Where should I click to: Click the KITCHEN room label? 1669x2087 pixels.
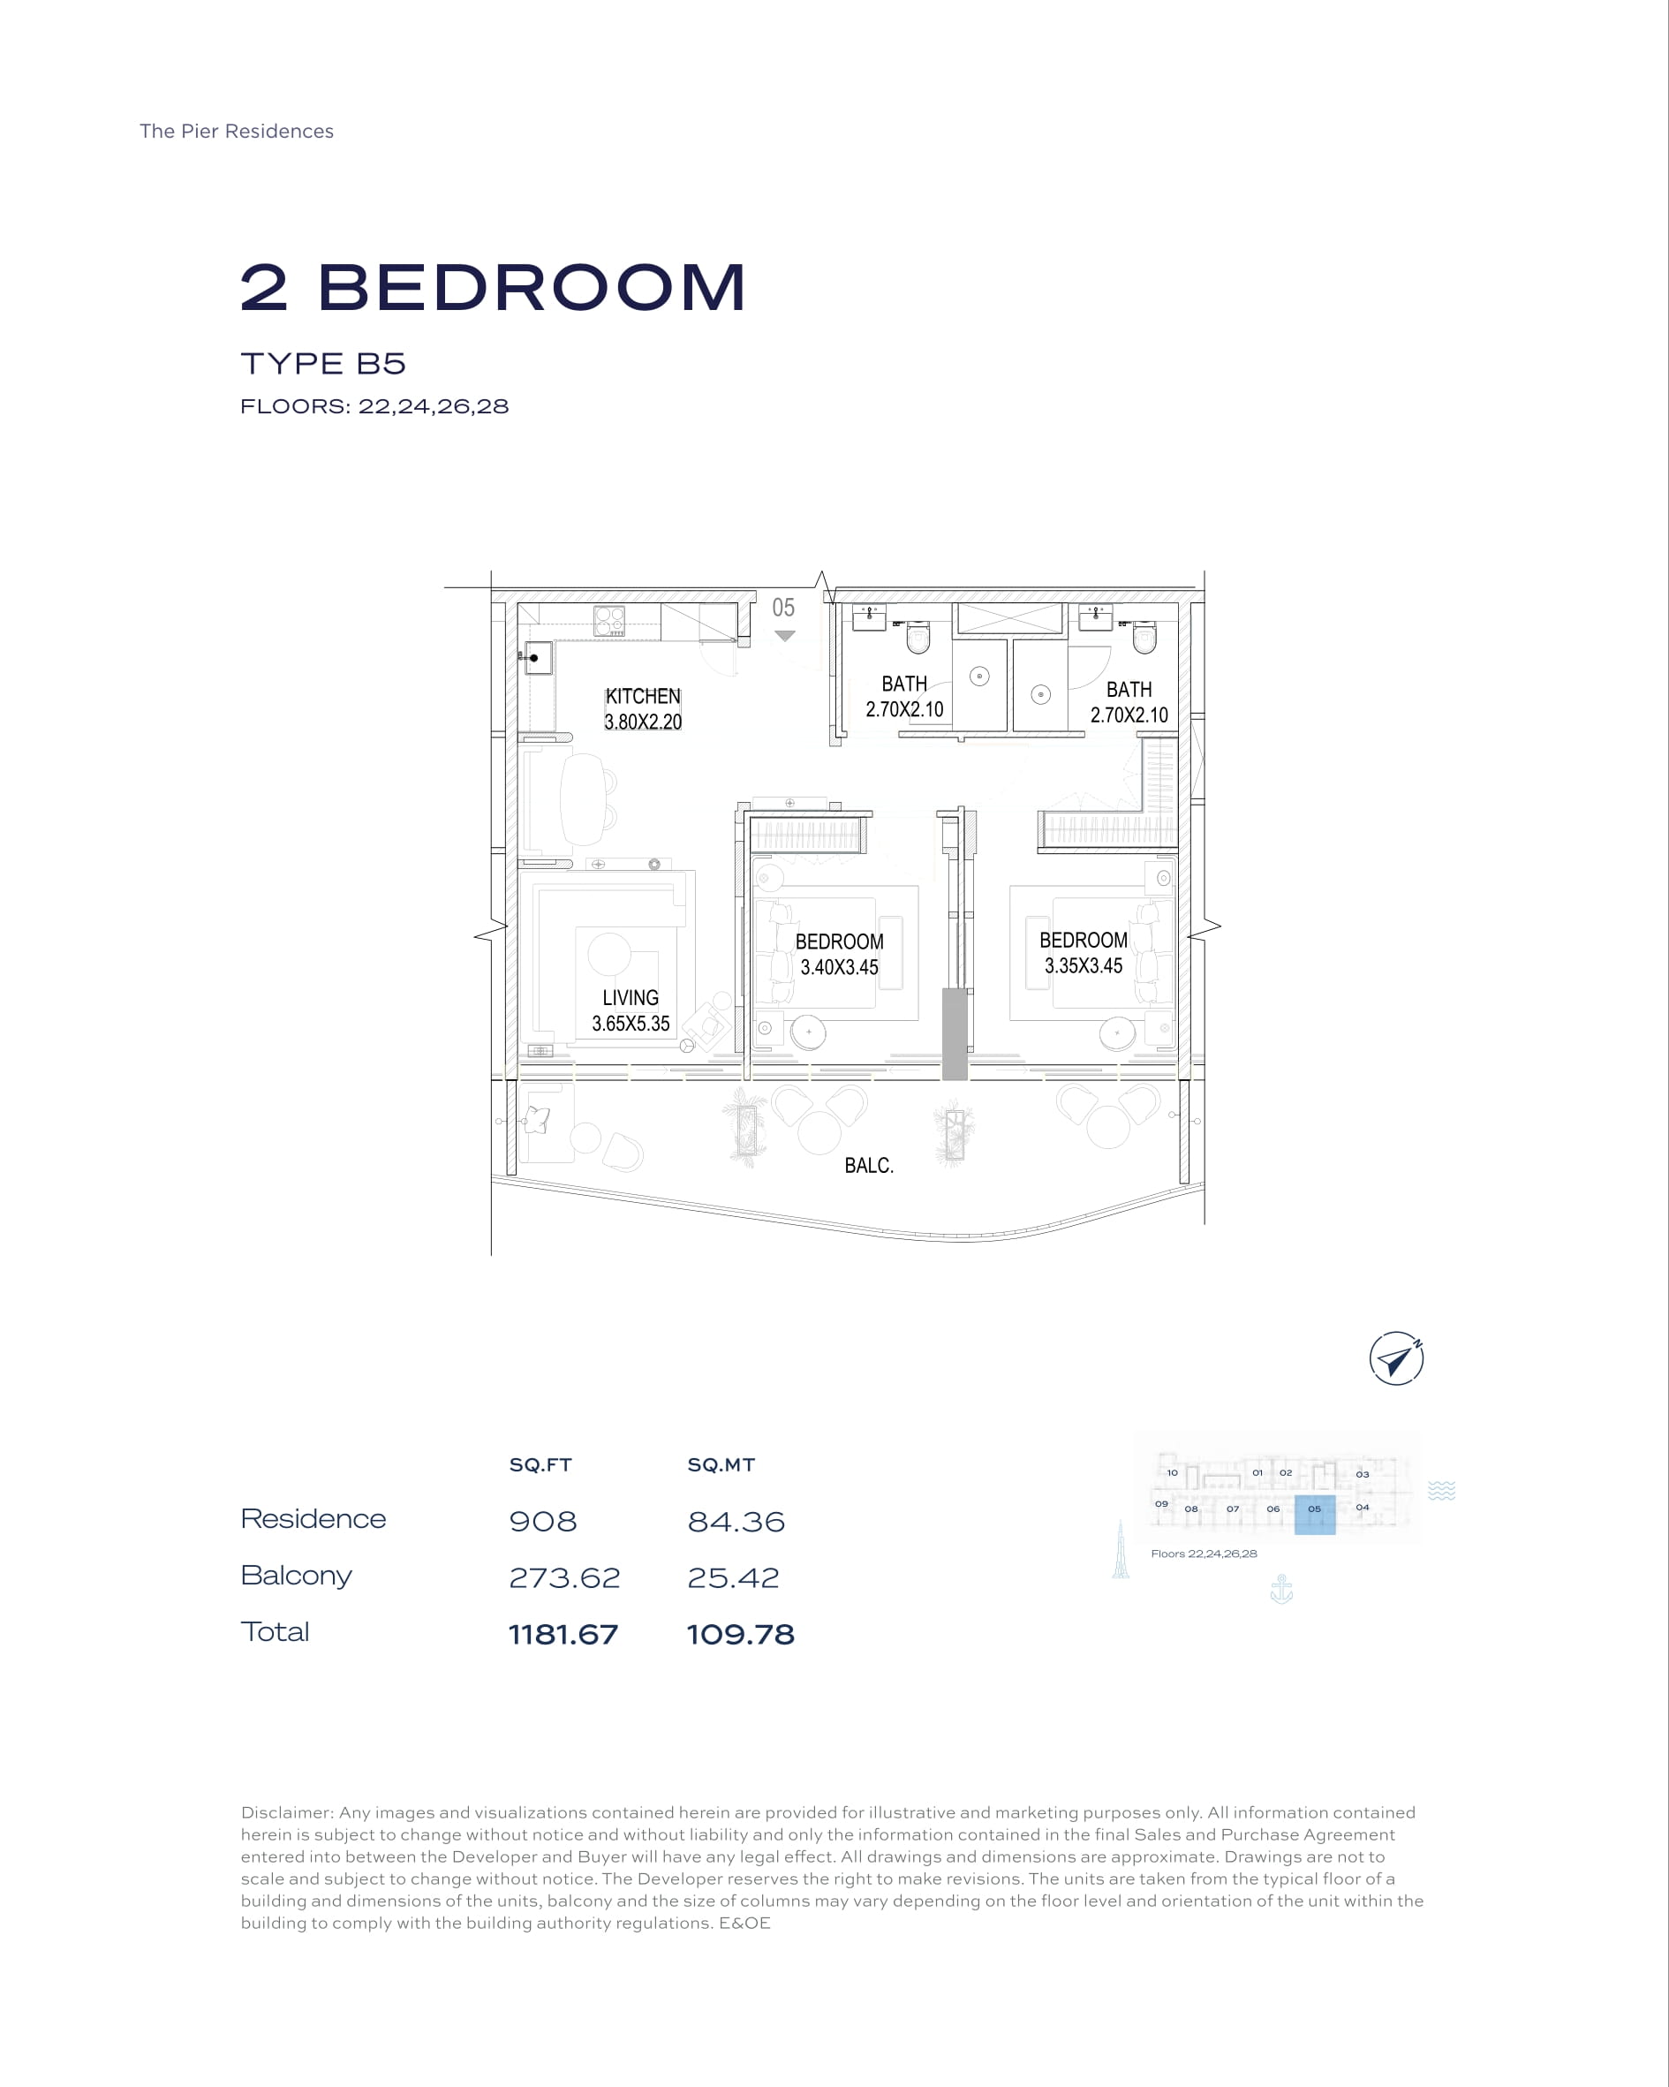(643, 696)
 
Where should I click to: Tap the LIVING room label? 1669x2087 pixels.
(631, 997)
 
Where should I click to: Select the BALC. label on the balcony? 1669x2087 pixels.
(868, 1166)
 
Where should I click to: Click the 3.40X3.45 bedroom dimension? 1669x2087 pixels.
(839, 967)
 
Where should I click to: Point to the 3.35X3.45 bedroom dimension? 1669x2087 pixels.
(1084, 965)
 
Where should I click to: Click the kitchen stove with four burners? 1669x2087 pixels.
(609, 621)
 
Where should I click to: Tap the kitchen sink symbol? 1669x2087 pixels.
(537, 658)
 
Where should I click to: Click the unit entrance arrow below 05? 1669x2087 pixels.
(785, 636)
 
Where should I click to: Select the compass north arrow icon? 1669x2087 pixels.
(1396, 1359)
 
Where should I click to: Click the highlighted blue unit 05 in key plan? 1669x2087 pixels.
(1315, 1515)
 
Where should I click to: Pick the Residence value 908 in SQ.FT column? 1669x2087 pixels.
(543, 1522)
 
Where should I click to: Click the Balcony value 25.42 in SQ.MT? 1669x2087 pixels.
(733, 1577)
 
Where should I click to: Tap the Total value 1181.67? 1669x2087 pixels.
(563, 1635)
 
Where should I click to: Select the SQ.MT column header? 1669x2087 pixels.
(721, 1464)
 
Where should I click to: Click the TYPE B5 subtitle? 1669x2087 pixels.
(323, 364)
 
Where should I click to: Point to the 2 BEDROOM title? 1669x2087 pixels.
(494, 288)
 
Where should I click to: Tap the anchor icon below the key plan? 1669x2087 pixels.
(1281, 1589)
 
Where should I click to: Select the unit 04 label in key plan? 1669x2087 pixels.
(1362, 1507)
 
